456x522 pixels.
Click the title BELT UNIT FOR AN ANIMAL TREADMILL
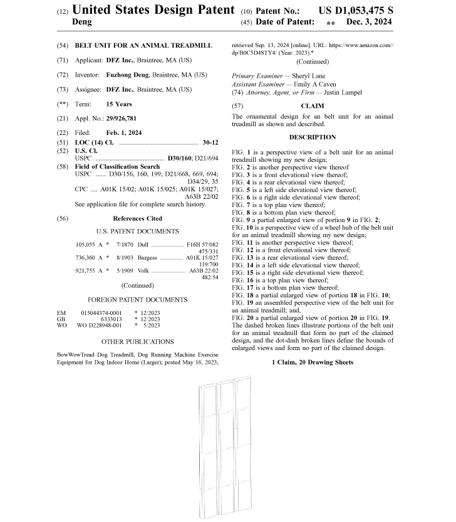143,46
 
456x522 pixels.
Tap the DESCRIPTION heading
312,137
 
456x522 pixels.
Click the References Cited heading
137,218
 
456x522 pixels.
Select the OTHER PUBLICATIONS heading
137,341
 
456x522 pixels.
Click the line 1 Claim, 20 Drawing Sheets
312,363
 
